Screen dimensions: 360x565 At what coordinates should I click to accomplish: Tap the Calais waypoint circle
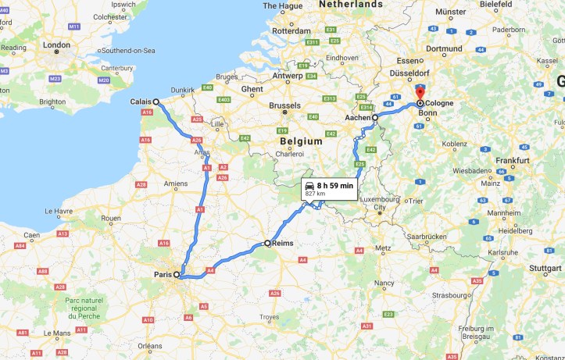156,102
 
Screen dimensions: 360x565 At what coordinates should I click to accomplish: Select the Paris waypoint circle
177,275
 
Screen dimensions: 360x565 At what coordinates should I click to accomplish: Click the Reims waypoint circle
267,243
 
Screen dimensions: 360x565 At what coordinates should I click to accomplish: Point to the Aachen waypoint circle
375,118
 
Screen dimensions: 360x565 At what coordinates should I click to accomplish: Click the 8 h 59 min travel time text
335,186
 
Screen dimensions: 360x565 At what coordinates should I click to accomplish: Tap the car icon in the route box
310,186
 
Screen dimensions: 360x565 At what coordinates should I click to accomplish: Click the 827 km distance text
315,194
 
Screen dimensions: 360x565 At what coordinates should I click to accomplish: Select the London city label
56,45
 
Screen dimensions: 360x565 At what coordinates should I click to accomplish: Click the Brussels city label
284,105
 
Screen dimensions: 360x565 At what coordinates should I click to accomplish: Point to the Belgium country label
301,141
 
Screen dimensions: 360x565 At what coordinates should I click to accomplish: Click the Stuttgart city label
545,267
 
